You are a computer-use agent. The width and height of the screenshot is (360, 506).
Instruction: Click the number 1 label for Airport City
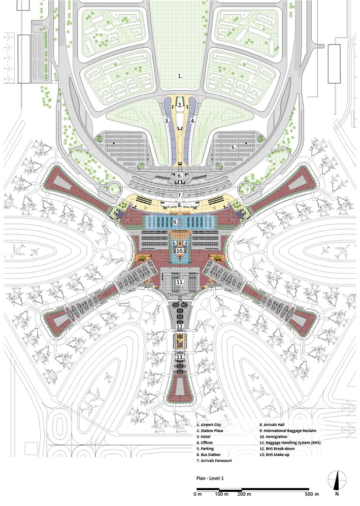180,76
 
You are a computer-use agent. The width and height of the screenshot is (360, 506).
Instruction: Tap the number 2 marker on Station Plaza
180,105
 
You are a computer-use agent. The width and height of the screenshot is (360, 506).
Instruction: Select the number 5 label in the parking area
233,147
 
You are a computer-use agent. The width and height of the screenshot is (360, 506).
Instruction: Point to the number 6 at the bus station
180,176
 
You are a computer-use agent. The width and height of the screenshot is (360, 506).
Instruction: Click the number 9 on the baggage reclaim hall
175,223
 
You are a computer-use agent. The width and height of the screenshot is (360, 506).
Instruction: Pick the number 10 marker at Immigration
180,251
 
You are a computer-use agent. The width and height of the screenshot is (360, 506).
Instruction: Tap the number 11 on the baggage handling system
180,282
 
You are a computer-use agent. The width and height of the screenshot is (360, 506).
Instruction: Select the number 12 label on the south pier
180,327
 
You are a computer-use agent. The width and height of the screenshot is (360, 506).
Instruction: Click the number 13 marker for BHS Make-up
180,357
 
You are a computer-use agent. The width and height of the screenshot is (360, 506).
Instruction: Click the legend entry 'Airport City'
211,425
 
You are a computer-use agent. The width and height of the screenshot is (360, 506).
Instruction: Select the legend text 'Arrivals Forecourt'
216,461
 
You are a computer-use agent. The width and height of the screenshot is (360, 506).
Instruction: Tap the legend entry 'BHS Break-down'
280,449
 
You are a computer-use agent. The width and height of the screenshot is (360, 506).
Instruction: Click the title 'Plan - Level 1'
210,478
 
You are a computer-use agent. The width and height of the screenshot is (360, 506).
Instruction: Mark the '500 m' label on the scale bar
312,494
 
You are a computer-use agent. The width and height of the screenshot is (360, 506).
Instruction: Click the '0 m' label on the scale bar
198,494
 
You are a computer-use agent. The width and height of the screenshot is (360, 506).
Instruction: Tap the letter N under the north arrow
337,494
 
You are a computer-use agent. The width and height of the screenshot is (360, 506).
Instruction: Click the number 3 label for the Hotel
167,121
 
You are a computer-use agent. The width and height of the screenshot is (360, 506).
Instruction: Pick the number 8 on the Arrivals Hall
180,205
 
